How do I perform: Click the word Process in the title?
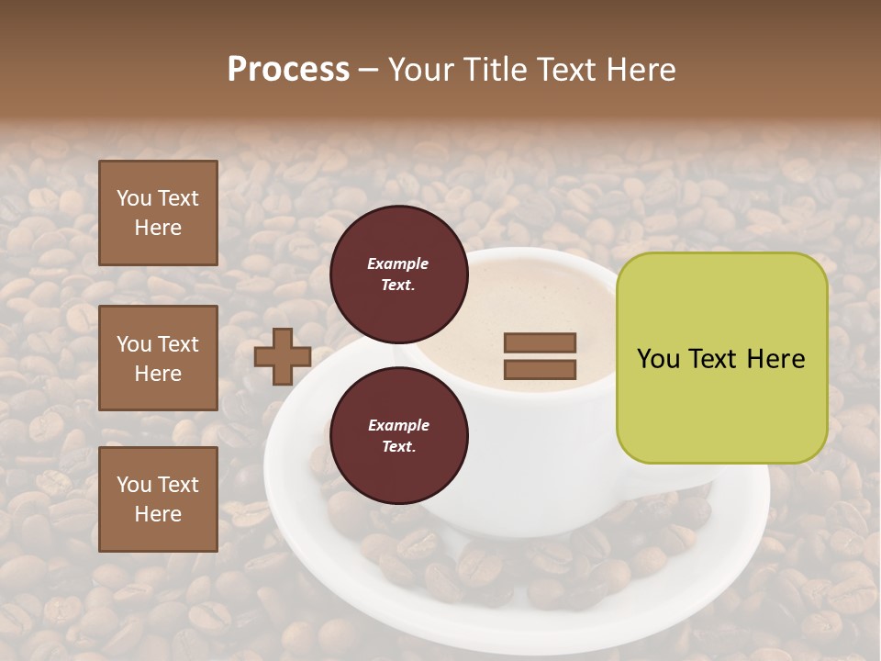click(x=288, y=70)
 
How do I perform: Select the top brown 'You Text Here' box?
click(x=158, y=213)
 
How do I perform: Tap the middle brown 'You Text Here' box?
click(x=158, y=358)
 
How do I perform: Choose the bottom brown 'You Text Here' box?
click(x=158, y=499)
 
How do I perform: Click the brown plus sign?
click(x=282, y=356)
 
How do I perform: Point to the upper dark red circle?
click(x=398, y=274)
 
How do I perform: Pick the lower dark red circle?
click(x=398, y=435)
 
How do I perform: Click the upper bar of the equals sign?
click(x=541, y=342)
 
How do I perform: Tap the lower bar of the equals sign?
click(x=541, y=370)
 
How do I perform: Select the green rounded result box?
click(x=721, y=358)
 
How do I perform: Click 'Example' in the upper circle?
click(x=398, y=263)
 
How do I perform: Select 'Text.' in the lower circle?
click(x=398, y=447)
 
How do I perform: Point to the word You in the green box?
click(x=659, y=359)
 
